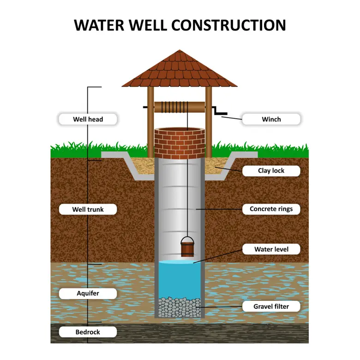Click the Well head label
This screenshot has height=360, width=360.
[x=88, y=119]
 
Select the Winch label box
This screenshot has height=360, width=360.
[x=271, y=119]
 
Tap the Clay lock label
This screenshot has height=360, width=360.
[x=271, y=171]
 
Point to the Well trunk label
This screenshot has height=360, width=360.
[x=88, y=210]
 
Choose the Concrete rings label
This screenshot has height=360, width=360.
[x=271, y=209]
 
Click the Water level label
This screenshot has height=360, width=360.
[x=271, y=249]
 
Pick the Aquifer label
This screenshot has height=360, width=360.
[x=88, y=293]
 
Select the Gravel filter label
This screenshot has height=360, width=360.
[x=271, y=306]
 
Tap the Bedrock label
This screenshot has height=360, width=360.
[x=88, y=332]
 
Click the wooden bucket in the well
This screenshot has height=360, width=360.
[x=187, y=248]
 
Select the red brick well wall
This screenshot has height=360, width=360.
[x=180, y=143]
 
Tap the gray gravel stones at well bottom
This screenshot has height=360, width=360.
[x=180, y=307]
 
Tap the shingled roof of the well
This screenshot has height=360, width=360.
[x=180, y=69]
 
